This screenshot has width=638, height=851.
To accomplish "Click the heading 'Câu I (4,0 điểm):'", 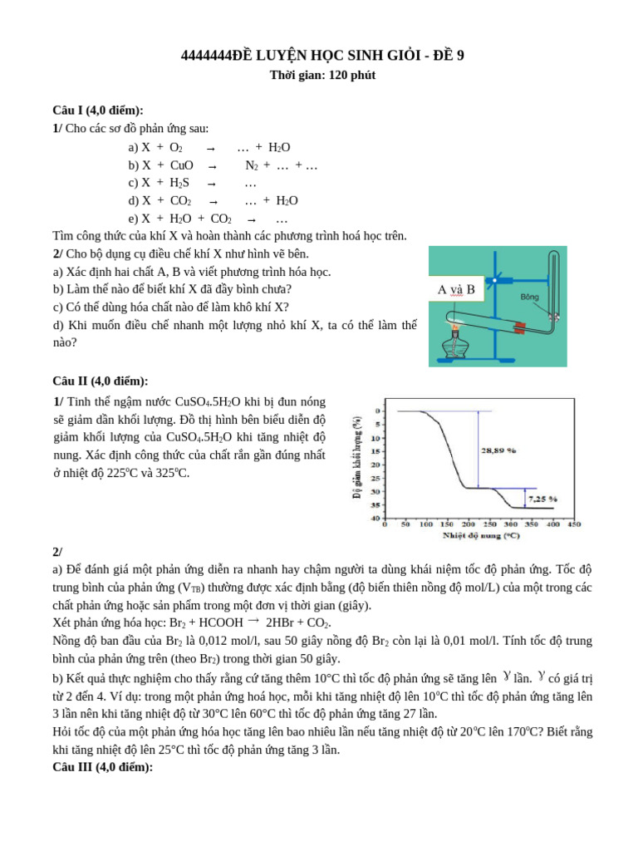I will click(x=97, y=111).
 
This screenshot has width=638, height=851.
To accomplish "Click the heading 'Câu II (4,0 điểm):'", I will click(x=100, y=381).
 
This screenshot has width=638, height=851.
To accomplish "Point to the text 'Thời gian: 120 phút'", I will click(x=322, y=76).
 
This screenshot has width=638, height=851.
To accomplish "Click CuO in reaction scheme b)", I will click(x=181, y=165).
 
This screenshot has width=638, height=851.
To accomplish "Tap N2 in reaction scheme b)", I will click(x=251, y=165).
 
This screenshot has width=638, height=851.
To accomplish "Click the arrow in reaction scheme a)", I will click(x=210, y=148).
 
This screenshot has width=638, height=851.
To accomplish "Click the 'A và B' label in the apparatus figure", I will click(x=456, y=290).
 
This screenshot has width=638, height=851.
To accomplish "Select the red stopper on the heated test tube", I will click(x=520, y=327).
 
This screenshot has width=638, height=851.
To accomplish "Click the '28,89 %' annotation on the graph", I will click(x=498, y=450).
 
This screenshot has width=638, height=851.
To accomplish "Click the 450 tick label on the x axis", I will click(x=574, y=525).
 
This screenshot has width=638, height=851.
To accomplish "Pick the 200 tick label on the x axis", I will click(x=469, y=525).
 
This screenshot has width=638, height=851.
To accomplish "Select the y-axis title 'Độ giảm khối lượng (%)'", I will click(x=357, y=458).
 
